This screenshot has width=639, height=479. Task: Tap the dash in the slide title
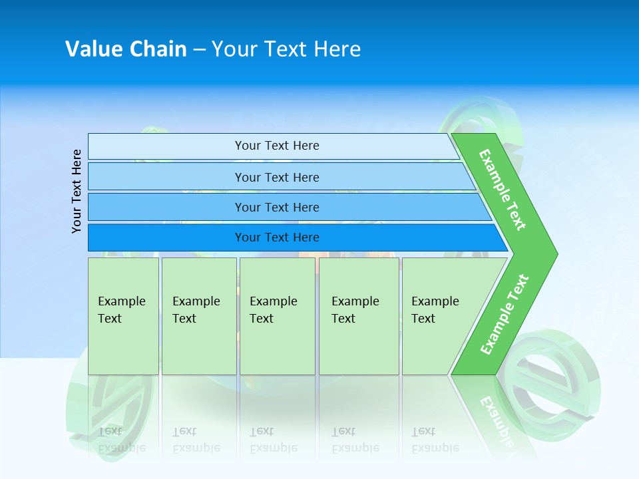(199, 51)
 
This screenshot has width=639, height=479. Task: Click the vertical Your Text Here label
(76, 191)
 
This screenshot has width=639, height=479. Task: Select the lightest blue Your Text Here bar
(274, 146)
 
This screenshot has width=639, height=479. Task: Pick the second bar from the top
(282, 176)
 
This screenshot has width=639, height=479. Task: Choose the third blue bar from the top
(290, 207)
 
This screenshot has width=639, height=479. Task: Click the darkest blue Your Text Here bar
(298, 238)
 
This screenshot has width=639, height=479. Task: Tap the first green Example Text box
(124, 316)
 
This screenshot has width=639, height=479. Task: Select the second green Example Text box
(199, 316)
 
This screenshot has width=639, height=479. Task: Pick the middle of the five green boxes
(278, 316)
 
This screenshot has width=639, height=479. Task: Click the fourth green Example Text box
(359, 316)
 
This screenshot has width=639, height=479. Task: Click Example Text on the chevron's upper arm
(503, 190)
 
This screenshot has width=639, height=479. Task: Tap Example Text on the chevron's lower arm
(505, 314)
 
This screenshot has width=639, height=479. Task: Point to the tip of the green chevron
(558, 254)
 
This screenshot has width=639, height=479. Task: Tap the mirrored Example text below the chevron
(498, 422)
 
